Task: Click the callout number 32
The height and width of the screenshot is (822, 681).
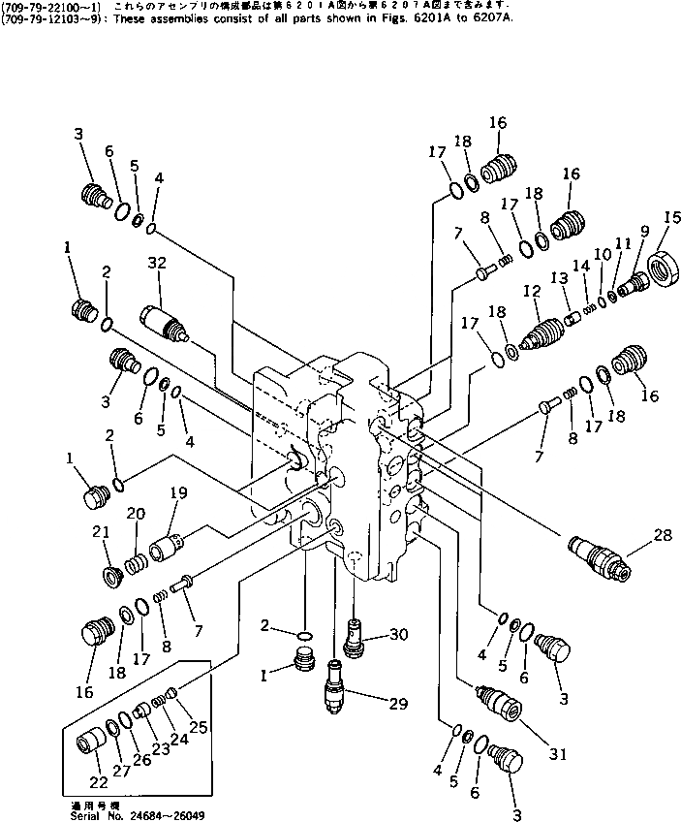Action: click(x=157, y=264)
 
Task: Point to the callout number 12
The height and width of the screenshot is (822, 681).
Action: click(x=529, y=291)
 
